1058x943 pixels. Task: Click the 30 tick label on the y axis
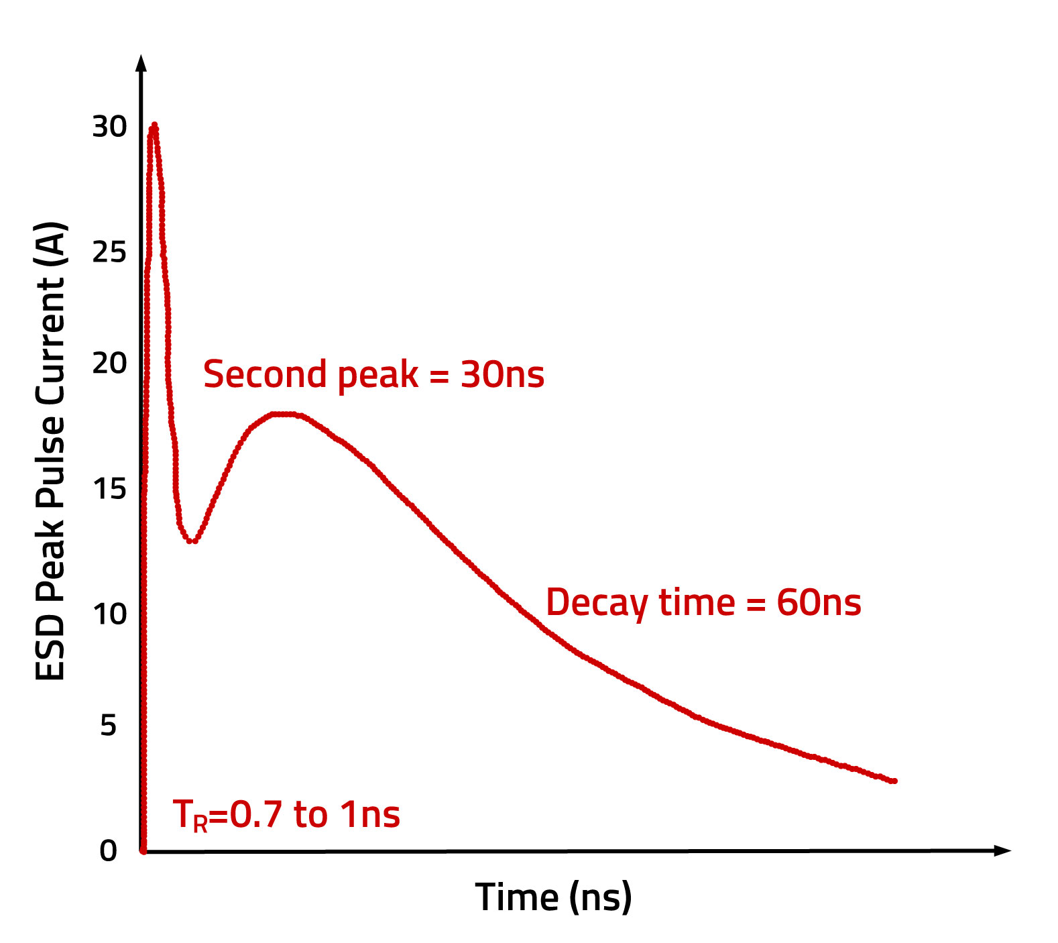click(x=109, y=127)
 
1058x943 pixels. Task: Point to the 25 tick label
click(x=109, y=252)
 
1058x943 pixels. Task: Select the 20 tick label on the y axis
click(x=109, y=364)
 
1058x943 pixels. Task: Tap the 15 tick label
click(x=109, y=490)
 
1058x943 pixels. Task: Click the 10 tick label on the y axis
click(x=109, y=614)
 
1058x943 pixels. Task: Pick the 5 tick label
click(x=108, y=726)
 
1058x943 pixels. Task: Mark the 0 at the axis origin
click(x=108, y=851)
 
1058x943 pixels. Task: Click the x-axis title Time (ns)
click(x=553, y=897)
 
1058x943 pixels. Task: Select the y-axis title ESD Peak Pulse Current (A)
click(x=51, y=451)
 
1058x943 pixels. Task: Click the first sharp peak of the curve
click(x=155, y=125)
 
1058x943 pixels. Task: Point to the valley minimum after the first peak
click(x=192, y=541)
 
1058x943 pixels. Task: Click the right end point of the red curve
click(x=894, y=781)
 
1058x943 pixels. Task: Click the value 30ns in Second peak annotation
click(x=502, y=374)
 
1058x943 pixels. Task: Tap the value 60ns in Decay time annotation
click(x=819, y=602)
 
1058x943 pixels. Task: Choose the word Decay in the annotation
click(x=597, y=602)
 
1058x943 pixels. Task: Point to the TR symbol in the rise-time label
click(x=190, y=816)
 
